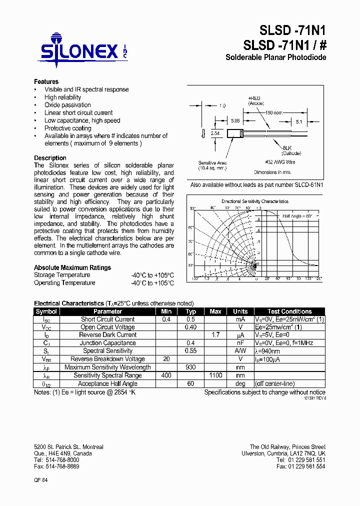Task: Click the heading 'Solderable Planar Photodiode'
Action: [x=275, y=57]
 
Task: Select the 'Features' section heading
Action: [x=46, y=81]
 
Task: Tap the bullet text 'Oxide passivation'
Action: [x=67, y=105]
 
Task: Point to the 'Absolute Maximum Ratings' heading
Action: [x=72, y=267]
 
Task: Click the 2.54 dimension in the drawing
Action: [x=215, y=134]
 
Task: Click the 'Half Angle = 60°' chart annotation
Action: [x=297, y=215]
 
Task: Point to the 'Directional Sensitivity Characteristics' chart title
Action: [x=255, y=201]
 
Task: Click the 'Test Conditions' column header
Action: [x=289, y=311]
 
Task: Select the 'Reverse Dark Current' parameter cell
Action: [x=108, y=335]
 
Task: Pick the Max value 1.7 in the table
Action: [x=215, y=335]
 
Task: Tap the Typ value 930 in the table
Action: [x=191, y=367]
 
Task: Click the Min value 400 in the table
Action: [x=166, y=375]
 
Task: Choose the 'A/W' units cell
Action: [x=240, y=351]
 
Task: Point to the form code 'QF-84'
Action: [x=41, y=479]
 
